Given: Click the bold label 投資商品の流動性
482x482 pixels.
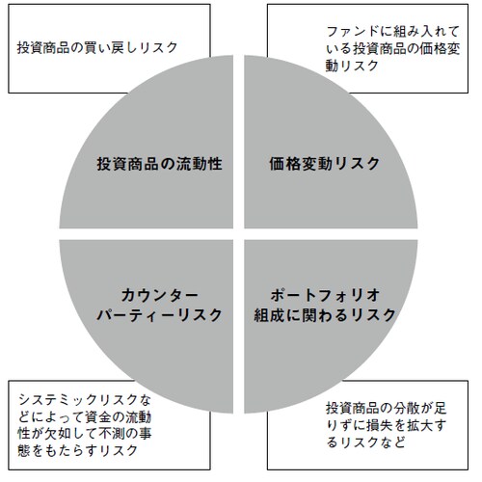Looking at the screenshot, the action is (x=159, y=164).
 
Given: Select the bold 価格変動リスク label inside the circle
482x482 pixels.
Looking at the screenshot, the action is (x=325, y=164).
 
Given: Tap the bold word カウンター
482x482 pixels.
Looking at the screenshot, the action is (x=159, y=295).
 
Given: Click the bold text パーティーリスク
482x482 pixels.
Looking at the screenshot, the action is (x=159, y=314).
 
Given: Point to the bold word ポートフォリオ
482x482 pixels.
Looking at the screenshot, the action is (x=325, y=295).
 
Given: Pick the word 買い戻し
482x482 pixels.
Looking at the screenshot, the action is (x=104, y=47).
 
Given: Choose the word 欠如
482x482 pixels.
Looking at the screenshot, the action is (x=58, y=434).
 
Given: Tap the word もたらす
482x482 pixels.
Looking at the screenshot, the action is (x=72, y=450).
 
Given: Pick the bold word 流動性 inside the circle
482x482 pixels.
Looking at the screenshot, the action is (x=199, y=164).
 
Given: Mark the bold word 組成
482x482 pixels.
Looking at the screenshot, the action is (x=269, y=314).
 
